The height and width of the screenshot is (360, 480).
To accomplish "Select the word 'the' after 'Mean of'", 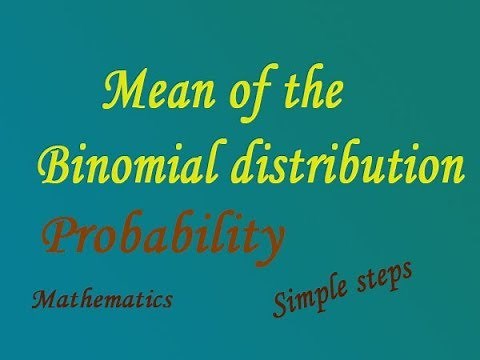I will (314, 94).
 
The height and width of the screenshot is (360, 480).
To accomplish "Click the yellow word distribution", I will (341, 164).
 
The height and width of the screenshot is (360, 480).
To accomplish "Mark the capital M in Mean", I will (123, 94).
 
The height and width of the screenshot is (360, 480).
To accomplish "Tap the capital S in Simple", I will (280, 304).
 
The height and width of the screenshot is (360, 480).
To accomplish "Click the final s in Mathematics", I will (167, 300).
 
